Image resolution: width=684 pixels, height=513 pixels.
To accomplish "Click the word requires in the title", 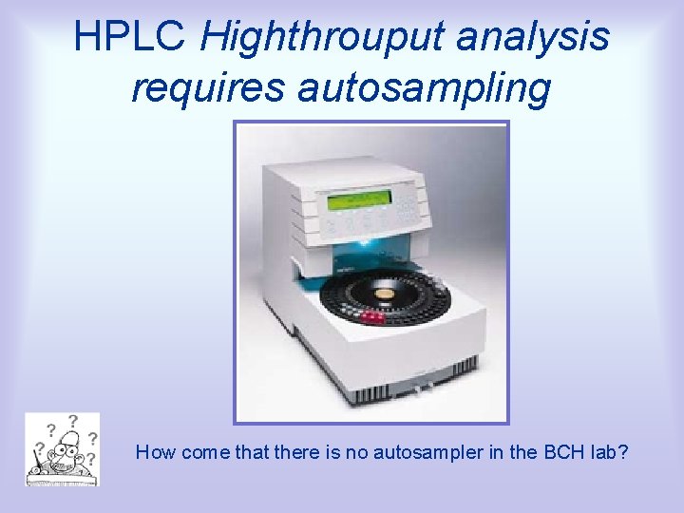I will pos(208,87).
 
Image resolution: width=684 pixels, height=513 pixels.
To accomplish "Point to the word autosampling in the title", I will pos(425,87).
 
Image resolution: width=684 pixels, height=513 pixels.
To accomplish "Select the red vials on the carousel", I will pos(371,316).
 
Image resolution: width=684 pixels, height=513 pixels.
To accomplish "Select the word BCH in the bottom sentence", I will pos(564,452).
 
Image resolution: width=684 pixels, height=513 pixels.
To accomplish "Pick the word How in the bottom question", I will pos(154,452).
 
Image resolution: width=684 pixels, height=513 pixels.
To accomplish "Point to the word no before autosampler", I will pos(352,452).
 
